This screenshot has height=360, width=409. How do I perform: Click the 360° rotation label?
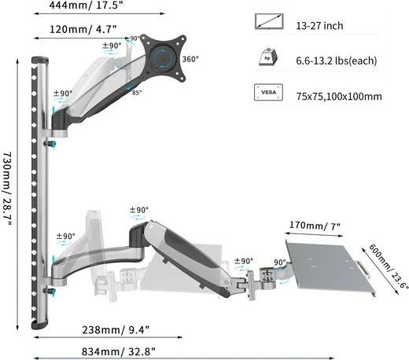[x=190, y=59]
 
